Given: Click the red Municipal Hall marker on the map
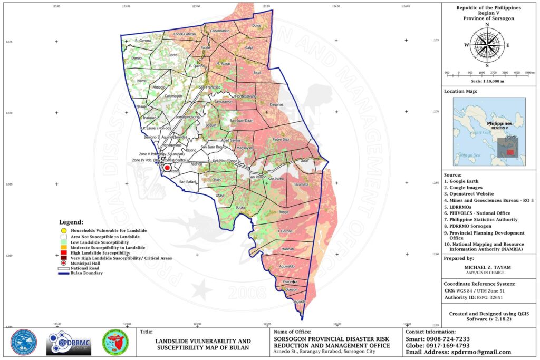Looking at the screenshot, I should coord(167,168).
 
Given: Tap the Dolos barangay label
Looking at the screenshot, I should coord(257,25).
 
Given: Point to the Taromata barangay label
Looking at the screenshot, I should coord(301,184).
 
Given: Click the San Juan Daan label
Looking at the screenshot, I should coord(242,121).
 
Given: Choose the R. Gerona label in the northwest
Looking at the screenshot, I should coord(143,40).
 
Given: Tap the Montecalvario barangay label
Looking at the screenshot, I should coord(245,96).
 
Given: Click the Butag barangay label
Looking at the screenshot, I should coord(240,208).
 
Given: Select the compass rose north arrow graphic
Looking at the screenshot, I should coord(486,44).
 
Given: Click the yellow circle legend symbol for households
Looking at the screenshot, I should coord(64,231).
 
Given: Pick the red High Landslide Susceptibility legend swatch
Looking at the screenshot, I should coord(64,253).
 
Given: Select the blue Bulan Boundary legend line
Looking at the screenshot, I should coord(64,273).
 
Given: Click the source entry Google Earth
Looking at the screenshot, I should coord(464,181).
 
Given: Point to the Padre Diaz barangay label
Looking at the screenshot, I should coord(281,139).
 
